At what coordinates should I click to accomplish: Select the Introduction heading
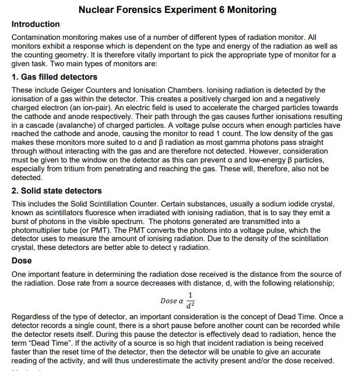(x=36, y=24)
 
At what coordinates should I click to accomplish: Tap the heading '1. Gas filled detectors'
(x=54, y=77)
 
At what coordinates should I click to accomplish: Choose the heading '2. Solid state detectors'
(x=56, y=191)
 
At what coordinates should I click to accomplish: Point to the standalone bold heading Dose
(x=22, y=261)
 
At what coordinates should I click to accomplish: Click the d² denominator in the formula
(x=191, y=306)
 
